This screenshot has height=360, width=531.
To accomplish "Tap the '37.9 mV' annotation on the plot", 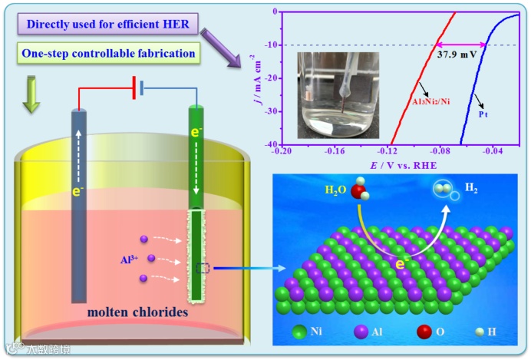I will click(458, 56).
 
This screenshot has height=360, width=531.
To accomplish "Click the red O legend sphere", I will click(424, 332).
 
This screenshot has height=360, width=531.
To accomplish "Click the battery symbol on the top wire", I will click(138, 89).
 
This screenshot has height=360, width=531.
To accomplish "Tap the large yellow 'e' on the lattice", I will click(401, 264).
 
